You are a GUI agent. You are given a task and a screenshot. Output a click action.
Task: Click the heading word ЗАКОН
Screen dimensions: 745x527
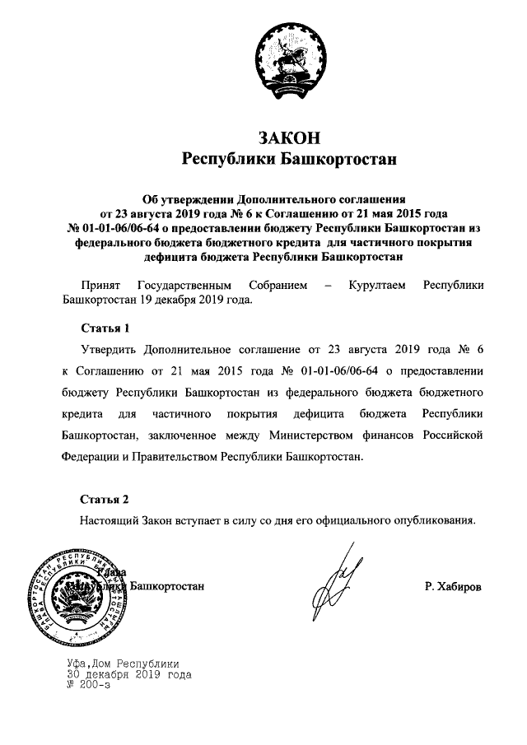point(288,136)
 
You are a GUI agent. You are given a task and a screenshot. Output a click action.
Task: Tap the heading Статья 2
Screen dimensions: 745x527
point(105,500)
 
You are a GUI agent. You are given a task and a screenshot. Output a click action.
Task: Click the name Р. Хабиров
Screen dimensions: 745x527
point(454,587)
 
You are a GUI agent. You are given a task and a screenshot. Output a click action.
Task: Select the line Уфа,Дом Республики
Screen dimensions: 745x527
point(124,664)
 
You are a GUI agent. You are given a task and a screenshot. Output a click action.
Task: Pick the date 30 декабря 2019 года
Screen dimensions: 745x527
point(129,673)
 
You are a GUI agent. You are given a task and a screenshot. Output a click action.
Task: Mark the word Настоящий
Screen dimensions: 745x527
point(113,520)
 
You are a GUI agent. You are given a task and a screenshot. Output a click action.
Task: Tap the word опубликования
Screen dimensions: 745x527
point(431,520)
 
